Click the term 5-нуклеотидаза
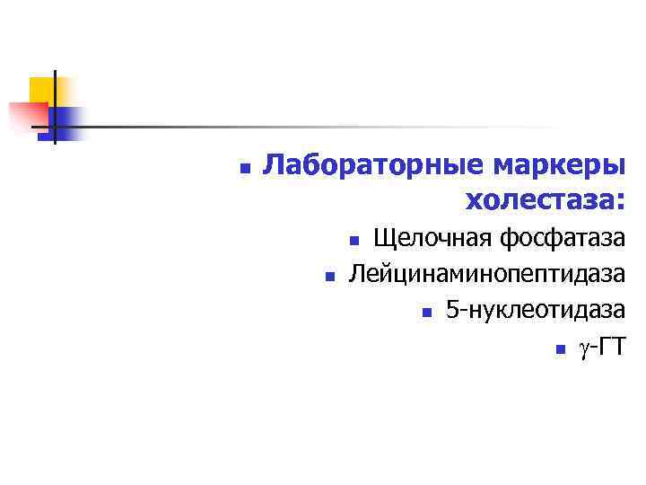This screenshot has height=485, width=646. coord(535,310)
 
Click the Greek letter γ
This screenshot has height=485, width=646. coord(585,348)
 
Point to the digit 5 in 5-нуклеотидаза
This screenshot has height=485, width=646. coord(452,310)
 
